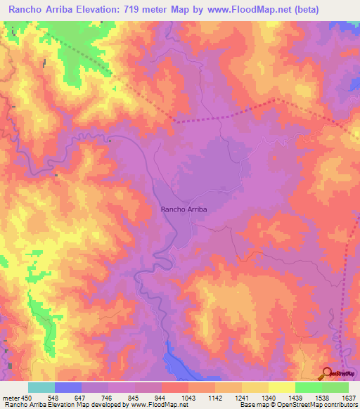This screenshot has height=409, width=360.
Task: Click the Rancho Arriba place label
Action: tap(184, 209)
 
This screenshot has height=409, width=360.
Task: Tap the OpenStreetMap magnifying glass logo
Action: tap(328, 374)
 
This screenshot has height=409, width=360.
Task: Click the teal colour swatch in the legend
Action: tap(41, 387)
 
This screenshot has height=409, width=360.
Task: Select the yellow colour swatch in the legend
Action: tap(281, 387)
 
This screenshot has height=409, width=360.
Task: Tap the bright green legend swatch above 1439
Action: tap(308, 387)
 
